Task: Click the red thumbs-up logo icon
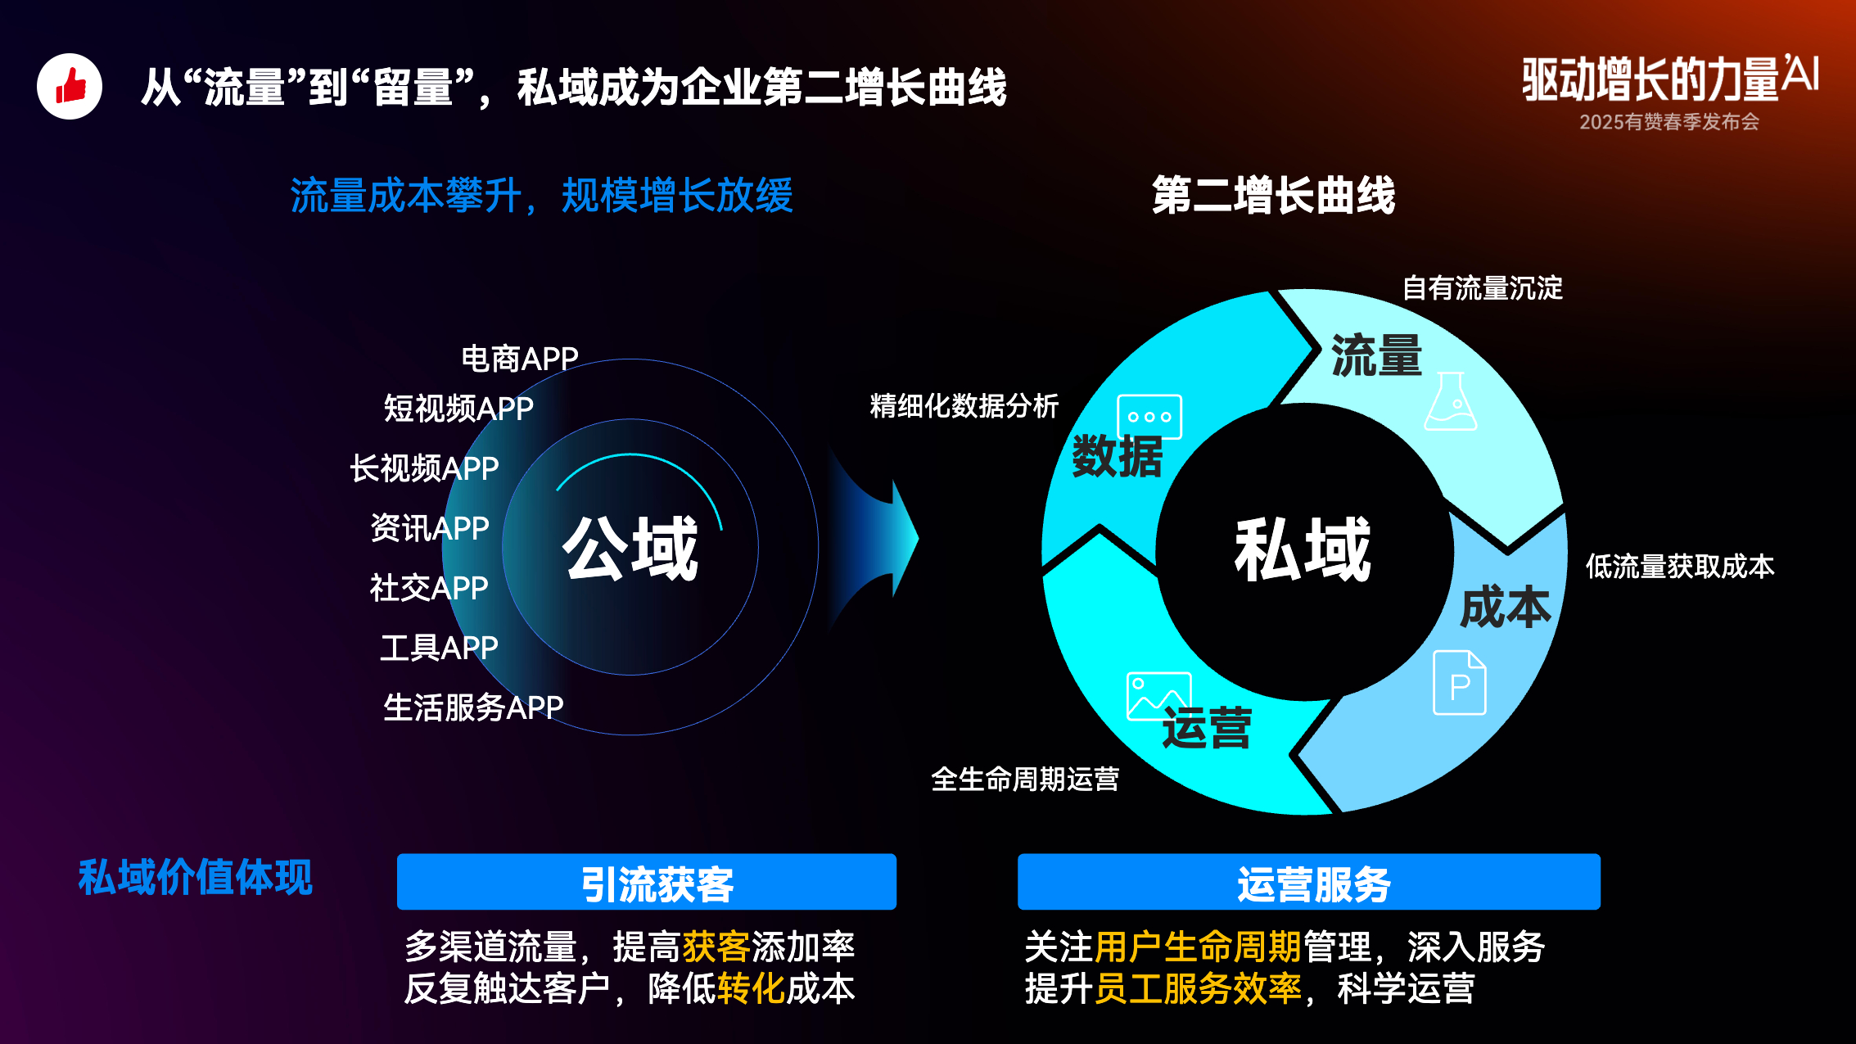tap(70, 86)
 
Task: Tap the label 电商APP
tap(520, 359)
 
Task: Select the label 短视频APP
tap(458, 408)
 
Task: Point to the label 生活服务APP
tap(473, 707)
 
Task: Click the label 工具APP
tap(439, 648)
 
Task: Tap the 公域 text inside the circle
tap(630, 548)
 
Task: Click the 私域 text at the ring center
tap(1303, 549)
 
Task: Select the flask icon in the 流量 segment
tap(1451, 401)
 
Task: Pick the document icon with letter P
tap(1460, 682)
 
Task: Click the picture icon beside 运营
tap(1158, 697)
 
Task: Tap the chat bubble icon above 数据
tap(1149, 418)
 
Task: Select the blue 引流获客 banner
tap(647, 882)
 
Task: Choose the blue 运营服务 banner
tap(1309, 882)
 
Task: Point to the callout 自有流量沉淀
tap(1483, 288)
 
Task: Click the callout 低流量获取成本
tap(1680, 566)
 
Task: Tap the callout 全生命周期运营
tap(1025, 779)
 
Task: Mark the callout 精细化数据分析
tap(964, 405)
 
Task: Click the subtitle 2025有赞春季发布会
tap(1669, 122)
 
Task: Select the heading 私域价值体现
tap(196, 878)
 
